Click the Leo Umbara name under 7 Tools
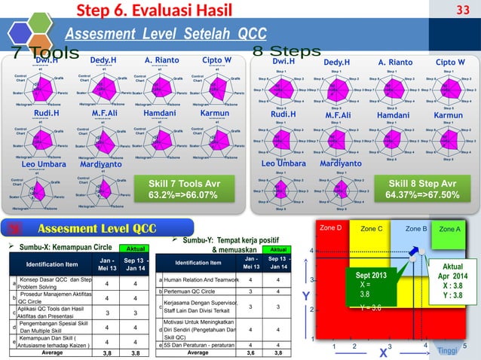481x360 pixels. tap(43, 163)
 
